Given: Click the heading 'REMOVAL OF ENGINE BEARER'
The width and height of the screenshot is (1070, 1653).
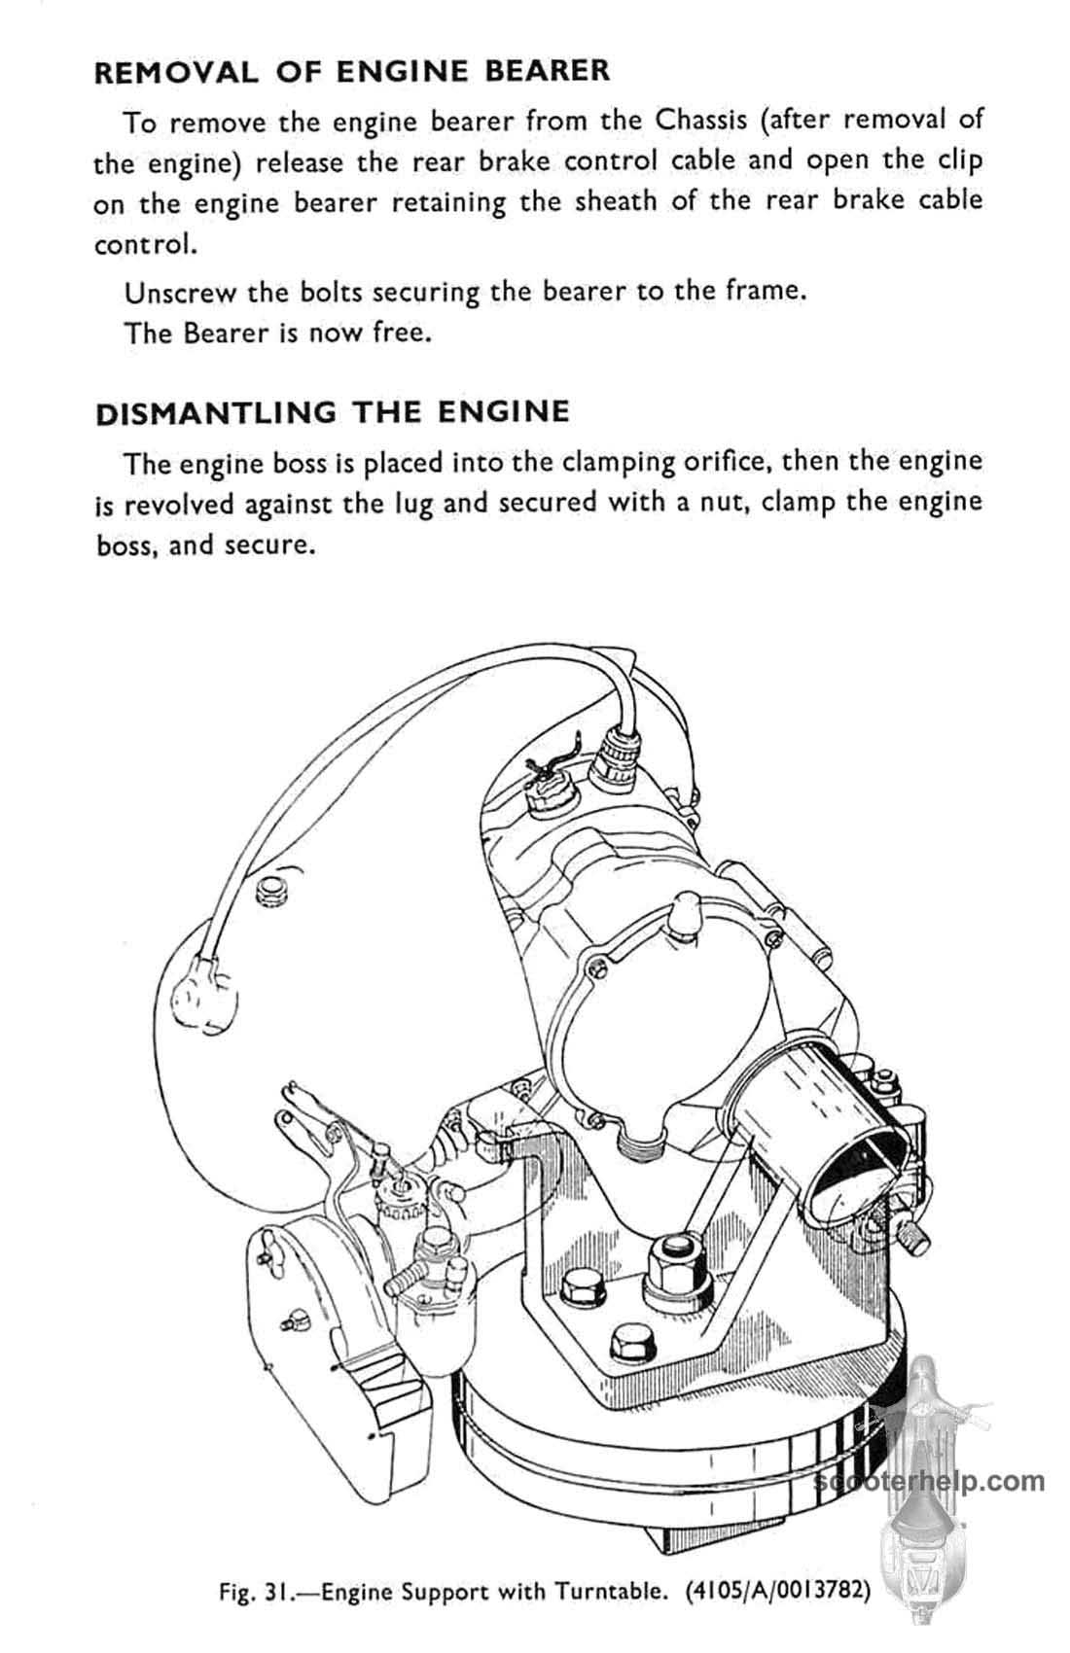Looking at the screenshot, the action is point(352,71).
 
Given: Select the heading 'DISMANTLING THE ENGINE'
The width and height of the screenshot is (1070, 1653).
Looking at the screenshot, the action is point(333,411).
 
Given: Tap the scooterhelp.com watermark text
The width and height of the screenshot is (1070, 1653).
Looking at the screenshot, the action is point(931,1480).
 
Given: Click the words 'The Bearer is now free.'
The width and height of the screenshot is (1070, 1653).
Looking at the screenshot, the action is point(277,334).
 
